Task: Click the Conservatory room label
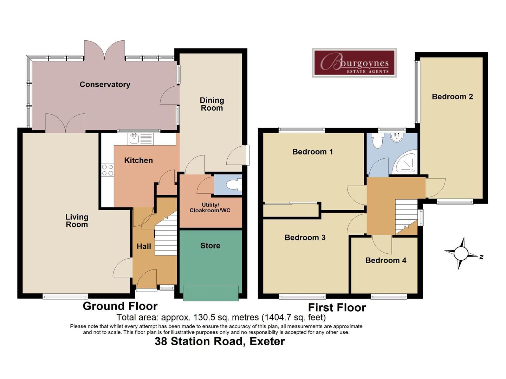click(105, 85)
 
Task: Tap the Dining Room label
click(212, 104)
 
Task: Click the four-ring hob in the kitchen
click(108, 170)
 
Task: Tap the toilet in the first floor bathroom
click(377, 141)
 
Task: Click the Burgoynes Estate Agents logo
click(354, 62)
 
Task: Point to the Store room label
click(210, 246)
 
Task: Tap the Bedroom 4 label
click(386, 260)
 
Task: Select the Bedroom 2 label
click(452, 97)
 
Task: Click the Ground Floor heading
click(120, 306)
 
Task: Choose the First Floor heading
click(337, 307)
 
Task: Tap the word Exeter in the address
click(267, 341)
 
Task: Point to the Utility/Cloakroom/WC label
click(210, 207)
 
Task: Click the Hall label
click(144, 246)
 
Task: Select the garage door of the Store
click(211, 293)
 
